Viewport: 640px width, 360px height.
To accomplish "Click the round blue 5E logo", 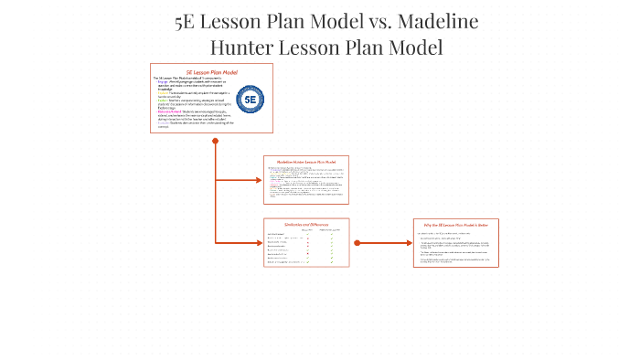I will pos(250,99).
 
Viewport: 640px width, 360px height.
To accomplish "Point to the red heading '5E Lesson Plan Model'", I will pos(211,71).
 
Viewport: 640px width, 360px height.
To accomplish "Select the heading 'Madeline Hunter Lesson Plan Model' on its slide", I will pos(306,162).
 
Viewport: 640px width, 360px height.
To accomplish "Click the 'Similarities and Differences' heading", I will pos(306,224).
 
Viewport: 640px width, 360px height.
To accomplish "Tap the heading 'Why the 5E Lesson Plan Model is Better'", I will pos(455,224).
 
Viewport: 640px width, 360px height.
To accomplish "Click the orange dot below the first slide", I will pos(215,141).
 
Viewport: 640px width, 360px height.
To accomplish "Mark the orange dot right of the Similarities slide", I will pos(357,243).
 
